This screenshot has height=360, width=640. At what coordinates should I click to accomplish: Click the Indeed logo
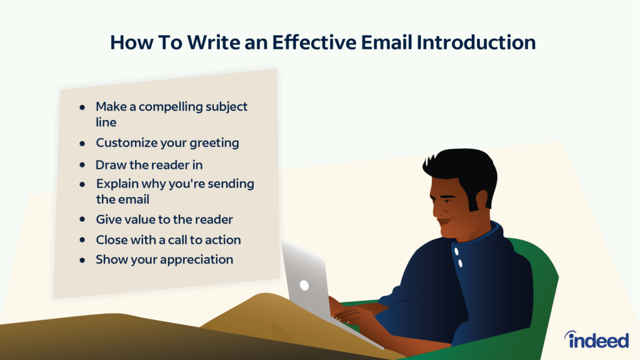click(596, 339)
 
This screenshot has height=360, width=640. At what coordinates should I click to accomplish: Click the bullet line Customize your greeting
click(167, 143)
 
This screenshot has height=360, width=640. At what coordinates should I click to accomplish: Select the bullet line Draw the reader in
click(149, 166)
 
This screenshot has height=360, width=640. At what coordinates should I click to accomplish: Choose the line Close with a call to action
click(168, 239)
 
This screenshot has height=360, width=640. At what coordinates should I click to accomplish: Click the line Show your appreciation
click(164, 259)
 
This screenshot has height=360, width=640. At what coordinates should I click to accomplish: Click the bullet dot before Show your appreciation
click(82, 260)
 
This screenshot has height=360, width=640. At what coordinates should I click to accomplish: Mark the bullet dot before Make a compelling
click(82, 107)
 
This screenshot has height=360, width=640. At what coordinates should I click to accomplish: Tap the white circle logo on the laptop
click(304, 285)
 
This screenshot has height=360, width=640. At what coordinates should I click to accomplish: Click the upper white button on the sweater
click(457, 251)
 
